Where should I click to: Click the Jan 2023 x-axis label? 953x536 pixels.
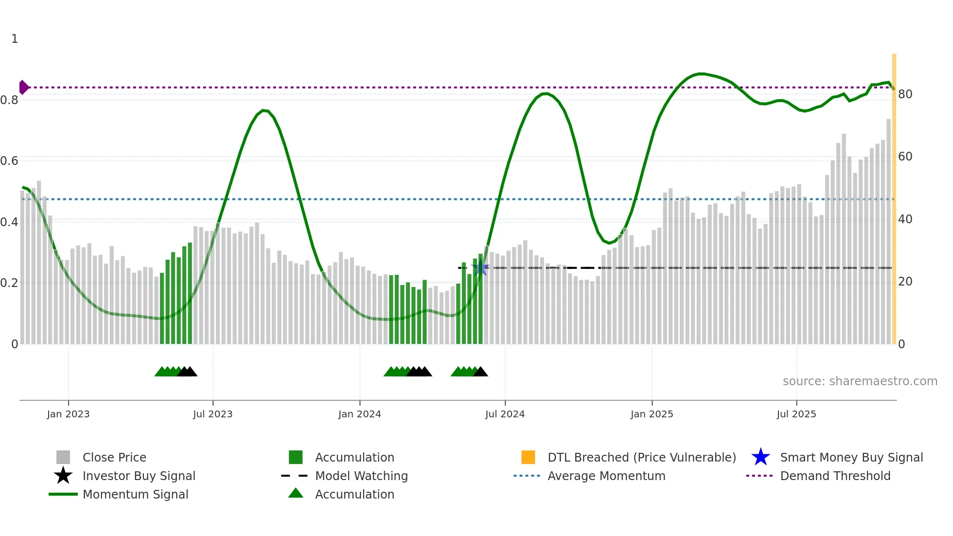pos(68,414)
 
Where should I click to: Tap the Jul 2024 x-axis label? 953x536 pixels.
pos(505,414)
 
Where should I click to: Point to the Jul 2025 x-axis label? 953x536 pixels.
pos(796,414)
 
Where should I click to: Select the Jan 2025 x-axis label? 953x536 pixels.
pos(652,414)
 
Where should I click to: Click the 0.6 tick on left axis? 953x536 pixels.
pos(9,161)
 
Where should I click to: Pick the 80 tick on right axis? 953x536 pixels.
pos(905,94)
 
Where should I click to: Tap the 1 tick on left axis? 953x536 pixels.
pos(15,39)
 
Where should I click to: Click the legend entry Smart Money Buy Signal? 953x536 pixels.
pos(851,458)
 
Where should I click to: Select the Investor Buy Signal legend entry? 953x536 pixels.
pos(139,476)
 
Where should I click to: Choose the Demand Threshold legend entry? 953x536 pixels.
pos(835,476)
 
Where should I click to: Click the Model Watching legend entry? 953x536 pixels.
pos(361,476)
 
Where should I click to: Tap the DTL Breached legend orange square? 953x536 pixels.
pos(528,458)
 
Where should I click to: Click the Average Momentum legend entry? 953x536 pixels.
pos(606,476)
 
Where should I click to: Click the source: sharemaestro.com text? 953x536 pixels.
pos(860,381)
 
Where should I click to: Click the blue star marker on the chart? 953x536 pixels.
pos(481,268)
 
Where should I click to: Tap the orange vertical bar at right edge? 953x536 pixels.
pos(894,195)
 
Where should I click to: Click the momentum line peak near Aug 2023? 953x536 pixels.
pos(264,110)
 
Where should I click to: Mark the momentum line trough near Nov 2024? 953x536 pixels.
pos(610,243)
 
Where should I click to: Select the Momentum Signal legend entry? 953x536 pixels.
pos(135,495)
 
